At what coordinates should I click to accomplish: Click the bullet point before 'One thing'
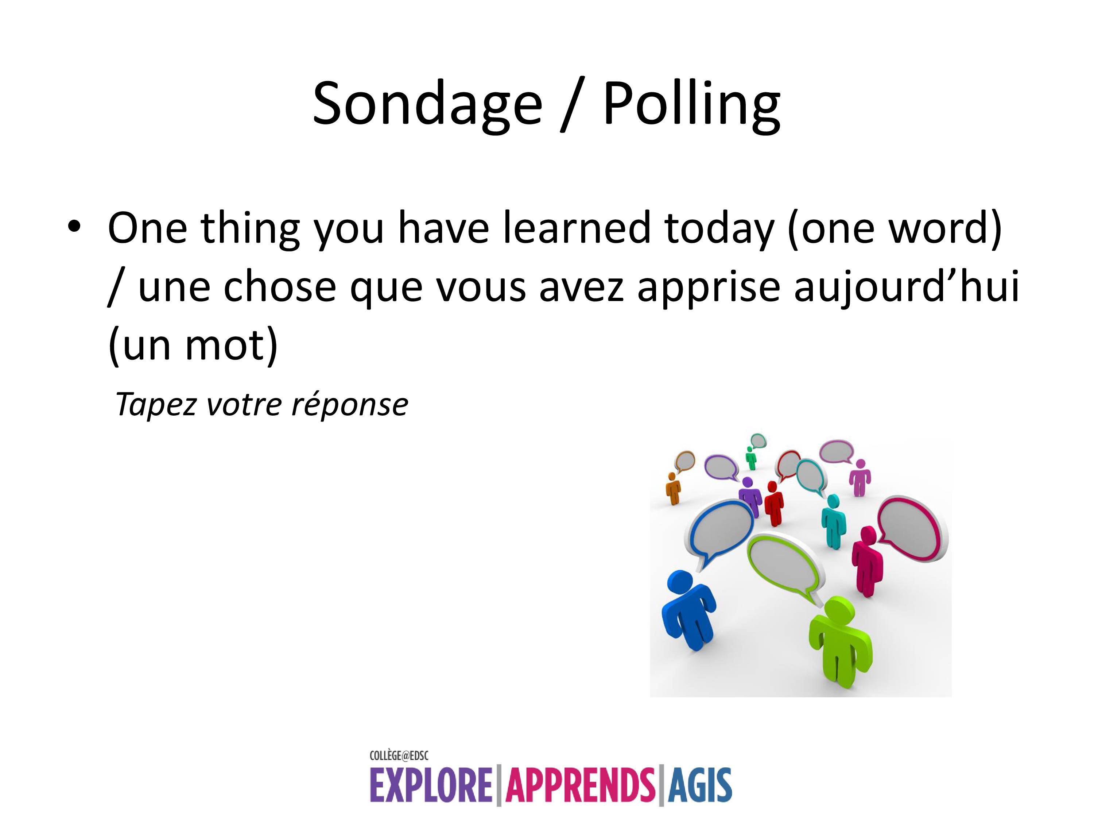74,226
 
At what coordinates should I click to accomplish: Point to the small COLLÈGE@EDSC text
399,756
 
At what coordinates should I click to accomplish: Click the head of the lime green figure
837,610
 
